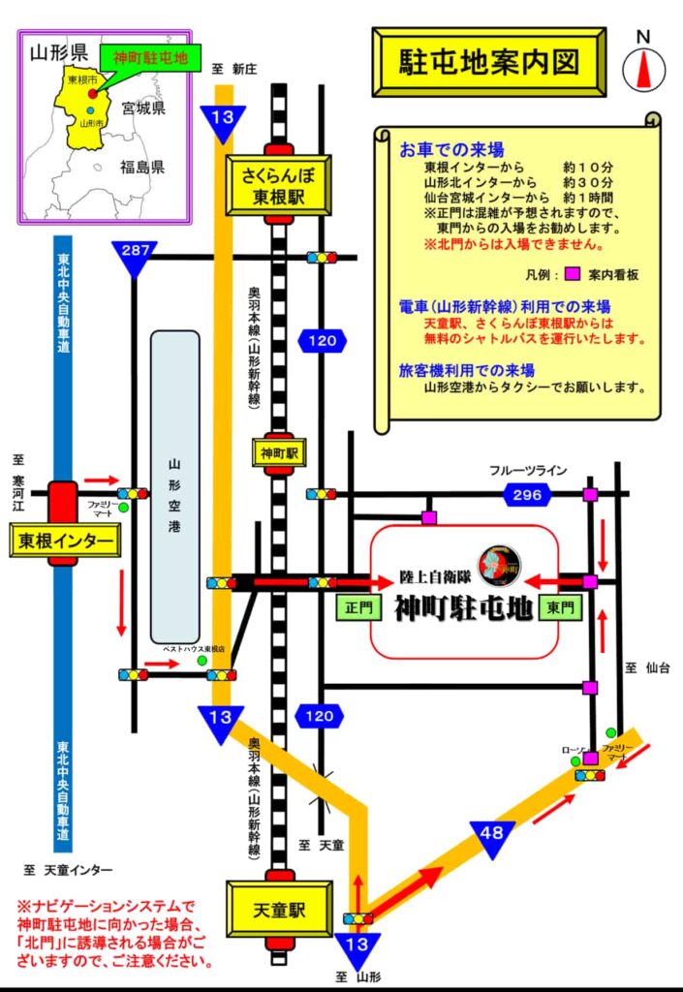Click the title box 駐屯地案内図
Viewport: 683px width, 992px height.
(489, 63)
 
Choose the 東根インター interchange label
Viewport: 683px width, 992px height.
(66, 541)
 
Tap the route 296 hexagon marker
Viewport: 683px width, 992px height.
(527, 495)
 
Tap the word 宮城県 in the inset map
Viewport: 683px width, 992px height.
(144, 108)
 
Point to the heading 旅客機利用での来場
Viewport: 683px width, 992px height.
(466, 369)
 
